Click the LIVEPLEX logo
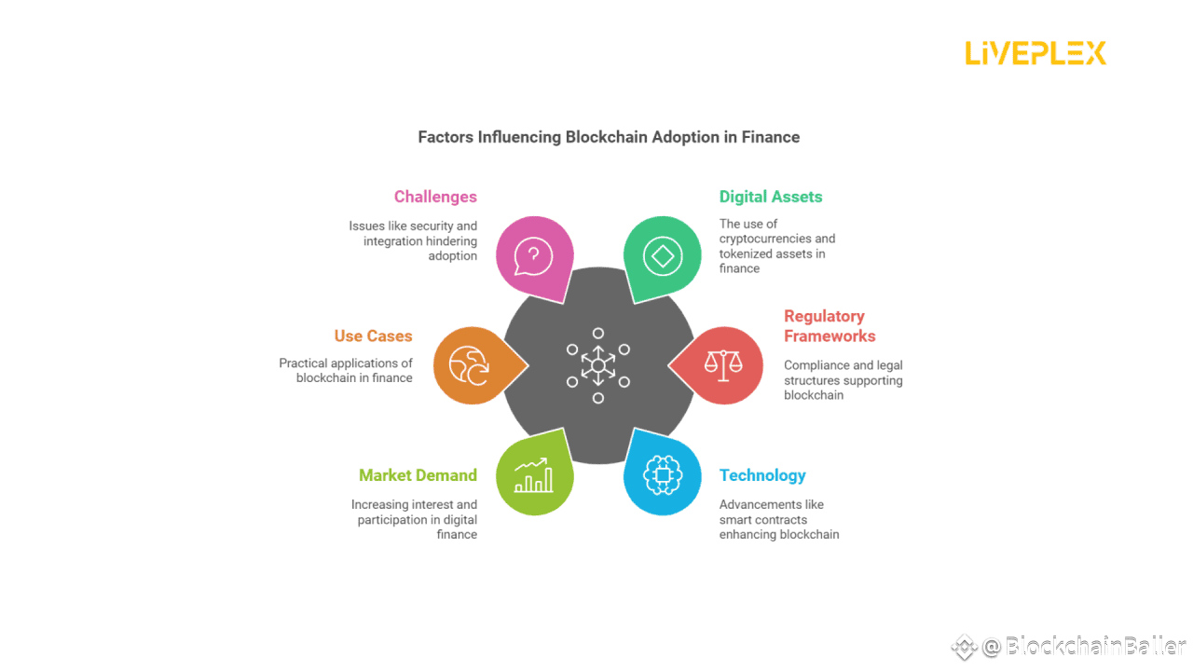point(1035,53)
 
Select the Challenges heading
point(435,197)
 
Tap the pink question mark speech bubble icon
point(533,254)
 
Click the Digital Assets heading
point(771,197)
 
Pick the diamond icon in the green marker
point(663,254)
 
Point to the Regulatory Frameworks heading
point(829,326)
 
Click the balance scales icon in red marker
point(723,365)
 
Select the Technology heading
point(762,475)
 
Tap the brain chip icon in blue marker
point(663,475)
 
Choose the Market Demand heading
point(418,475)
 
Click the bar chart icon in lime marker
point(533,475)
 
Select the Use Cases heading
point(373,336)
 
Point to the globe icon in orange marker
point(469,365)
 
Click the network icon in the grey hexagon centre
point(598,365)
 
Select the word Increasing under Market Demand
point(380,505)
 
